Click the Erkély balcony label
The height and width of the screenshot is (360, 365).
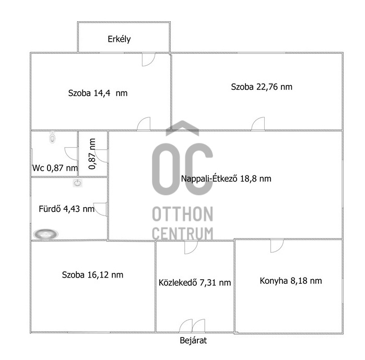click(119, 39)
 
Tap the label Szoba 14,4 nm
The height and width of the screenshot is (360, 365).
click(98, 93)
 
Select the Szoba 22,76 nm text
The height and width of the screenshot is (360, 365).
click(262, 87)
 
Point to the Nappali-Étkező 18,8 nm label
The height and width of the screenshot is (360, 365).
click(226, 178)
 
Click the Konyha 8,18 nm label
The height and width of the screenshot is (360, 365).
click(291, 281)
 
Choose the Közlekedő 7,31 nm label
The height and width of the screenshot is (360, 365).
click(195, 283)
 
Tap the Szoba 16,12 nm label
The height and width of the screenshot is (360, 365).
click(92, 275)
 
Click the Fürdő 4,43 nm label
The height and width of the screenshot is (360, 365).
click(66, 209)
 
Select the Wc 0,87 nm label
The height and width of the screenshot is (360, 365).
click(55, 168)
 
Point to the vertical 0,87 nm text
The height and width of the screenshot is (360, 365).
click(92, 154)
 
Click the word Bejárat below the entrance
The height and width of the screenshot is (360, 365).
click(193, 341)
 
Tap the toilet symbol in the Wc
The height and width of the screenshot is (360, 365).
click(53, 137)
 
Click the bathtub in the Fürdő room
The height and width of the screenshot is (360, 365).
click(45, 234)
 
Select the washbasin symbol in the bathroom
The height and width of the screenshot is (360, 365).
click(77, 183)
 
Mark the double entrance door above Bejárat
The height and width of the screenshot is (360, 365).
click(192, 326)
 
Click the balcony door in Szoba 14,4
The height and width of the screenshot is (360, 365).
click(148, 60)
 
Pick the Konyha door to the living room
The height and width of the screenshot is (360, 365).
click(277, 246)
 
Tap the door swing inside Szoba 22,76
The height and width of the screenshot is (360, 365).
click(258, 124)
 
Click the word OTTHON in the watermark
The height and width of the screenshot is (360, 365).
click(183, 214)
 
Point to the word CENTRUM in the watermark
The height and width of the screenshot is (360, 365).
click(183, 233)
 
